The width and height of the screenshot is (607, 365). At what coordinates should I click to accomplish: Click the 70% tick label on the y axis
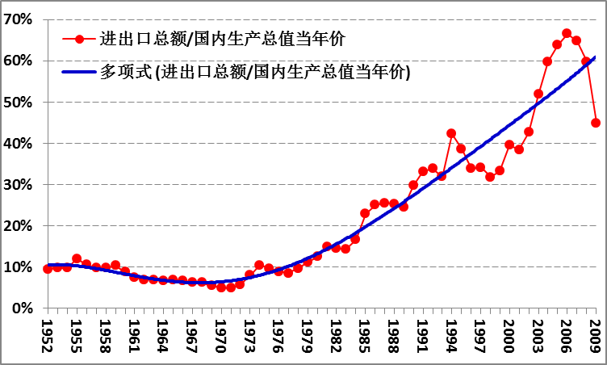tap(19, 19)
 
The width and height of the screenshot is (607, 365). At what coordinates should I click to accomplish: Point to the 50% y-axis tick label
tap(19, 103)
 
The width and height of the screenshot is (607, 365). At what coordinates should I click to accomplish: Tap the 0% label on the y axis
tap(23, 308)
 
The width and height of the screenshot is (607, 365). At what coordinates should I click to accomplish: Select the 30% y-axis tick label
tap(19, 185)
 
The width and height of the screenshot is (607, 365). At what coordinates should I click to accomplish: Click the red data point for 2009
tap(596, 123)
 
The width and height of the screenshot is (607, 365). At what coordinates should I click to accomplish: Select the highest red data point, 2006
tap(567, 34)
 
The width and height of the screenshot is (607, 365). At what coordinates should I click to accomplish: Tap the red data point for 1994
tap(451, 133)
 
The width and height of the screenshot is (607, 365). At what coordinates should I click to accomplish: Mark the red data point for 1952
tap(47, 269)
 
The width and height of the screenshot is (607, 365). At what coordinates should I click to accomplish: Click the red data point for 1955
tap(76, 259)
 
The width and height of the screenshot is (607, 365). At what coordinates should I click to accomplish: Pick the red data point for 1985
tap(365, 213)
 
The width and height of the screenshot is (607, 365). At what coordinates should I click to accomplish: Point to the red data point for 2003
tap(538, 94)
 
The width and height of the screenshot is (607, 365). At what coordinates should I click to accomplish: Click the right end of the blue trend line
tap(596, 57)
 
